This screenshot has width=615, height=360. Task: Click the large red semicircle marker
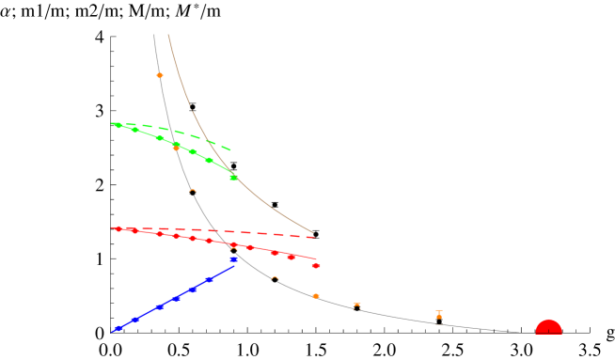[548, 328]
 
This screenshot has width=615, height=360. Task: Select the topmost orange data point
[160, 75]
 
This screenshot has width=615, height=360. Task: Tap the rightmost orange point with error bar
[439, 315]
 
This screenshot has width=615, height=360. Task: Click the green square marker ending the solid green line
[233, 177]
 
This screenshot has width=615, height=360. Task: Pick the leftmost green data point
[118, 124]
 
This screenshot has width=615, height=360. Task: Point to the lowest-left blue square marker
[118, 328]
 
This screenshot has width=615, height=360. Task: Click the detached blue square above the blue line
[234, 258]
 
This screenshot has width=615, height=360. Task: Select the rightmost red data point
[316, 266]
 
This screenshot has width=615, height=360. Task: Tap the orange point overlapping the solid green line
[176, 148]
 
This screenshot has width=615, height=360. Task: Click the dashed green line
[202, 138]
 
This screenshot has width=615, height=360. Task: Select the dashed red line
[263, 233]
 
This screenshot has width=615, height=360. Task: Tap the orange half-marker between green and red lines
[193, 191]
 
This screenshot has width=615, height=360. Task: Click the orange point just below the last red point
[316, 296]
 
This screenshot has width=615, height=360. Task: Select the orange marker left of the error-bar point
[356, 305]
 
